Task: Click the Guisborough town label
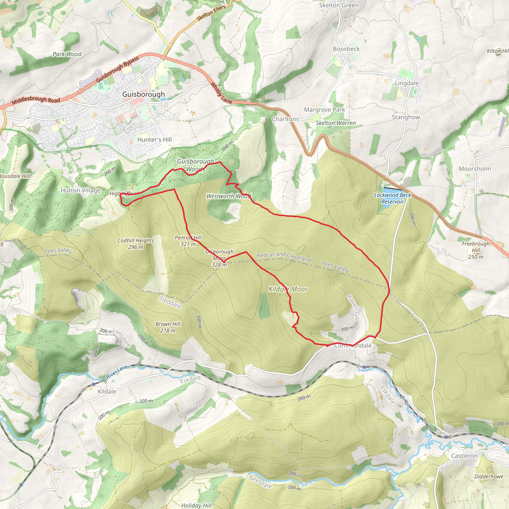pos(143,94)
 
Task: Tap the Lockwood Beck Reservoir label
pos(392,198)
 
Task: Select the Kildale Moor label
pos(288,289)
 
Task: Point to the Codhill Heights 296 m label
pos(135,244)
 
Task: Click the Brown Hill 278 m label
pos(168,327)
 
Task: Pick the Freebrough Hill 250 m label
pos(475,250)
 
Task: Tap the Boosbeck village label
pos(346,49)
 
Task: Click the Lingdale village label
pos(407,83)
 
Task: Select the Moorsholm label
pos(474,169)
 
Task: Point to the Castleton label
pos(464,456)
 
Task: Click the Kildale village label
pos(107,391)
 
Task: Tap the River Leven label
pos(118,372)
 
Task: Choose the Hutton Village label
pos(80,190)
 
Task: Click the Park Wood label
pos(67,54)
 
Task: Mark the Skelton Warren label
pos(335,123)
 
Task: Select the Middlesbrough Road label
pos(36,100)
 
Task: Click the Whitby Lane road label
pos(221,93)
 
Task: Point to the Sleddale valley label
pos(170,302)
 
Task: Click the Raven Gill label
pos(353,307)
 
